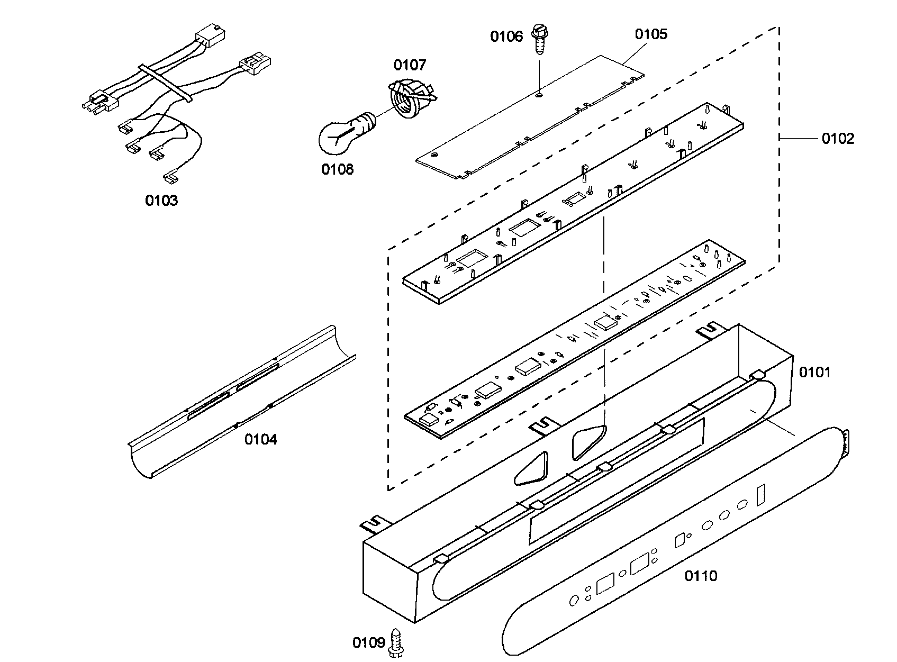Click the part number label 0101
click(814, 373)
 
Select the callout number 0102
click(838, 139)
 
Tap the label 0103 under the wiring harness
click(161, 201)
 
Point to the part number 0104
click(260, 439)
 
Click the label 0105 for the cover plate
click(651, 34)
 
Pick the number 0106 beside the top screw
click(506, 36)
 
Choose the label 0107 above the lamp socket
click(409, 65)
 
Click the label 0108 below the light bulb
click(337, 169)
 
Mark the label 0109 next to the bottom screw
click(368, 642)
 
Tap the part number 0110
click(701, 576)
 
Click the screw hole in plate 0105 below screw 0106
click(539, 95)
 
